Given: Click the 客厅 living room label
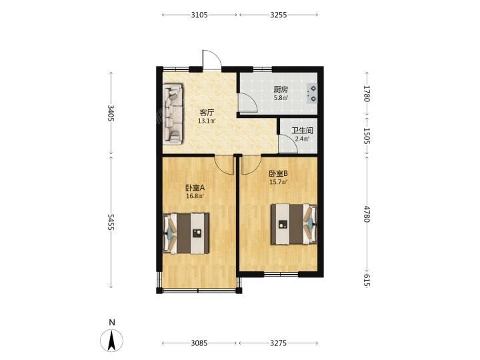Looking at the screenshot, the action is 207,113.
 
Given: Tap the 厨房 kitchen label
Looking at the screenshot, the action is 281,90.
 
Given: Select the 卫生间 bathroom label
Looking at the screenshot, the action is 302,131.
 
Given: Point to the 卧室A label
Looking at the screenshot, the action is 195,187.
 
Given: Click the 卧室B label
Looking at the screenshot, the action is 278,174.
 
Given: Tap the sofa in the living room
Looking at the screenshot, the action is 173,114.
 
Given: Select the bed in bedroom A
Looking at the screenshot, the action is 186,233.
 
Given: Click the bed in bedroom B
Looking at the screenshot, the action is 294,224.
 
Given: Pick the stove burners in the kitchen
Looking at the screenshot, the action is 312,93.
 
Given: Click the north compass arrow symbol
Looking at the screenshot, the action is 112,340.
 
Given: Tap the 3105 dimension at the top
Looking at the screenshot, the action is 199,15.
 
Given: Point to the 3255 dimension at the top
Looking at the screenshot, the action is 279,15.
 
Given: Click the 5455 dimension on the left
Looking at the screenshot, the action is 111,223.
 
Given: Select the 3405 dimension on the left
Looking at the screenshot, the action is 111,113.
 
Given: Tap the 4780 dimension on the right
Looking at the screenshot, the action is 367,214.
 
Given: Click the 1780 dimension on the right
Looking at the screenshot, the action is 367,93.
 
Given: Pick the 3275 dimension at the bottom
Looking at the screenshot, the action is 279,343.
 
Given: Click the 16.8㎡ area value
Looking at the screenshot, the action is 195,196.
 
